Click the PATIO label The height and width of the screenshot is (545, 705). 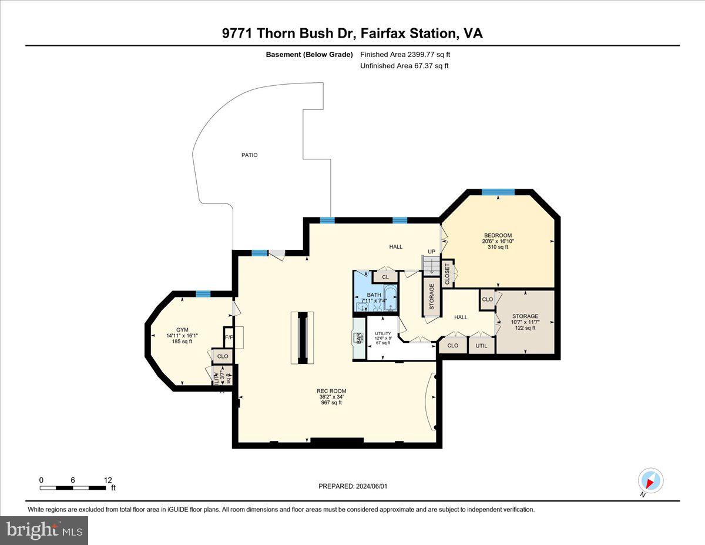pyautogui.click(x=249, y=155)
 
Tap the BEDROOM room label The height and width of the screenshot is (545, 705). pyautogui.click(x=497, y=236)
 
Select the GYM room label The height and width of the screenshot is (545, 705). pyautogui.click(x=182, y=330)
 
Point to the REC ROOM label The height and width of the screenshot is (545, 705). pyautogui.click(x=331, y=391)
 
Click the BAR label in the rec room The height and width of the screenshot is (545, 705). pyautogui.click(x=358, y=339)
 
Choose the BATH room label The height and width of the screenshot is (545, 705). pyautogui.click(x=374, y=295)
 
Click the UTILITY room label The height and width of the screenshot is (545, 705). pyautogui.click(x=383, y=334)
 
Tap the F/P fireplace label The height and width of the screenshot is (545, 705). pyautogui.click(x=229, y=337)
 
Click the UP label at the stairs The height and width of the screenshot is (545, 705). pyautogui.click(x=431, y=251)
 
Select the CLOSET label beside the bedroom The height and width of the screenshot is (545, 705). pyautogui.click(x=447, y=273)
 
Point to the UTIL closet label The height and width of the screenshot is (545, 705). pyautogui.click(x=481, y=346)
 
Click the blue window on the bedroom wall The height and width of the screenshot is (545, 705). pyautogui.click(x=498, y=192)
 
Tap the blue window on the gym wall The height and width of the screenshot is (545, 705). pyautogui.click(x=203, y=294)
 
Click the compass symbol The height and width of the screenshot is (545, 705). pyautogui.click(x=650, y=480)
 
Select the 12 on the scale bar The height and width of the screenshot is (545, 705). pyautogui.click(x=108, y=480)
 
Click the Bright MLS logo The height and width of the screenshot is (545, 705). pyautogui.click(x=45, y=530)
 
